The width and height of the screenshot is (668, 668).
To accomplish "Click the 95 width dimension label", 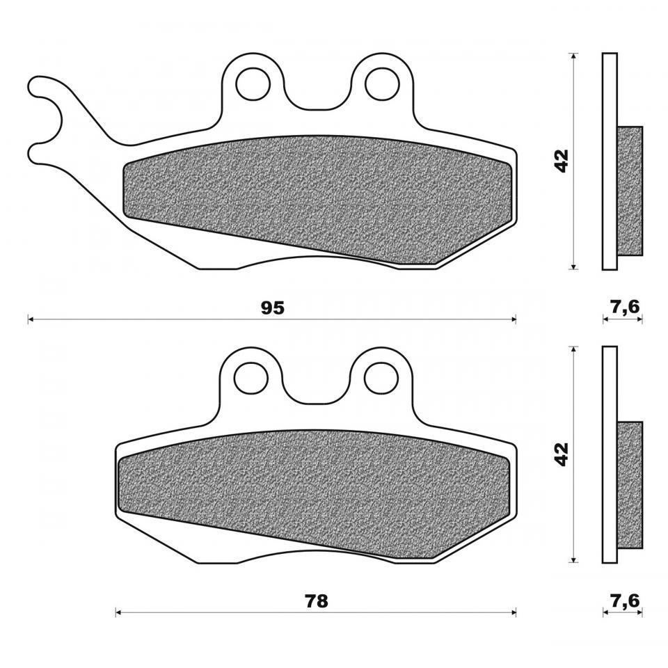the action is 273,308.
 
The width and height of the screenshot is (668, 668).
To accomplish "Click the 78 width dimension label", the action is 317,601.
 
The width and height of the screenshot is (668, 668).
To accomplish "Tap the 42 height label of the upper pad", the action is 563,161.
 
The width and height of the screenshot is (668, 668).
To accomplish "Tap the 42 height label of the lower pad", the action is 563,454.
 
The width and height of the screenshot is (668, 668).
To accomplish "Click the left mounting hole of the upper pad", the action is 253,83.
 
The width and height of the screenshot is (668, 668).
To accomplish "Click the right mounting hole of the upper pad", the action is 382,83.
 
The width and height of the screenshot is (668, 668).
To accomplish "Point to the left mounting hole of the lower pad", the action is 251,378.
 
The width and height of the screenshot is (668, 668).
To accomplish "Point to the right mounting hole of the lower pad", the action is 381,378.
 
